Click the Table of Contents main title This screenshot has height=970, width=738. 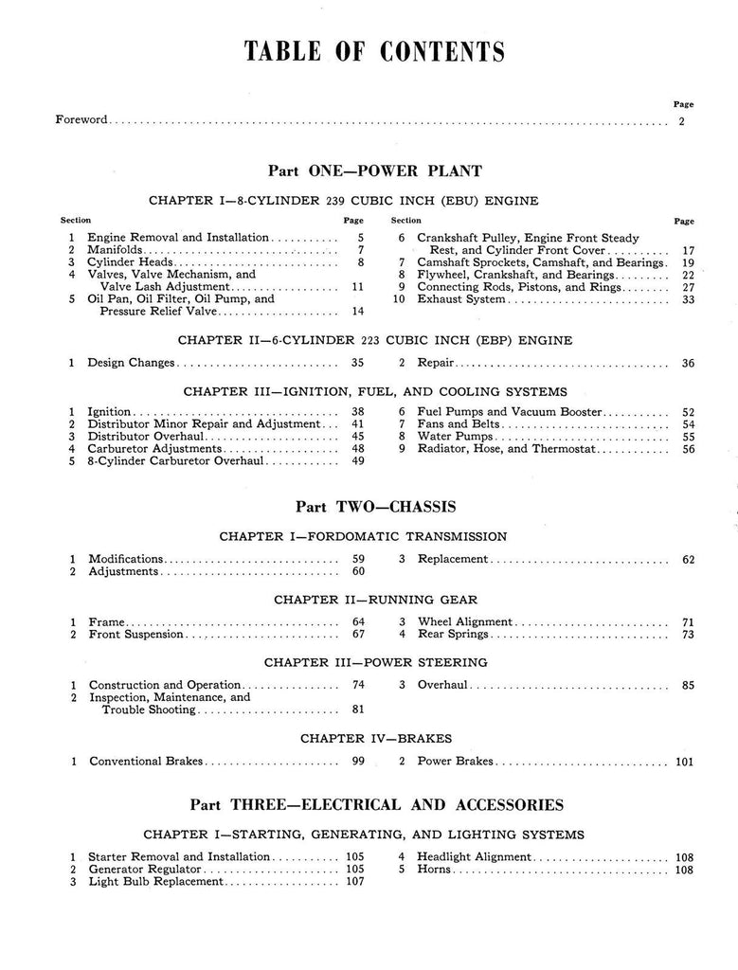[x=374, y=50]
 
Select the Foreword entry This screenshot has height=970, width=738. [x=81, y=120]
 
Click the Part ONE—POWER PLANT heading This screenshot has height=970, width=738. [x=374, y=171]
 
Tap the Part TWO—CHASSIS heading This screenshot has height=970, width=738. [x=374, y=507]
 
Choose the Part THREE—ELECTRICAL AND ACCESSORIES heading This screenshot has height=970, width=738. [x=375, y=805]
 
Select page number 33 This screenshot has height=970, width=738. [x=688, y=299]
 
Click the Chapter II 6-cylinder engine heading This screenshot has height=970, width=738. [x=375, y=339]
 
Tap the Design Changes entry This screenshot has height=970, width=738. [x=132, y=362]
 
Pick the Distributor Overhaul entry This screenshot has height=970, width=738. [x=140, y=436]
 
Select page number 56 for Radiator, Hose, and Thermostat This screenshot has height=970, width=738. [x=688, y=449]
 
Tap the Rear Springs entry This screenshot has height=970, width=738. [x=453, y=634]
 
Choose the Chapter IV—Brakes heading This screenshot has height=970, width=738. [x=376, y=737]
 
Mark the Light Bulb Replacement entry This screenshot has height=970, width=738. [x=156, y=881]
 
